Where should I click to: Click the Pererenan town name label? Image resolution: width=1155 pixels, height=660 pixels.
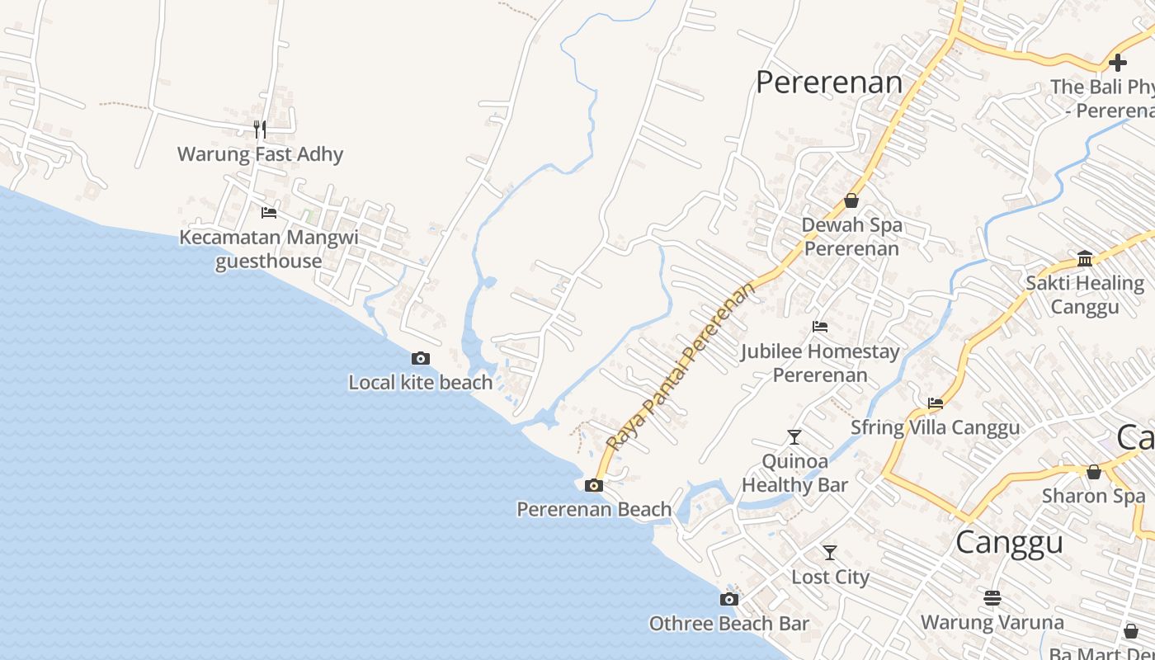pos(829,82)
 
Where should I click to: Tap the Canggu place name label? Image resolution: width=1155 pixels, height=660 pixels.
pos(1009,543)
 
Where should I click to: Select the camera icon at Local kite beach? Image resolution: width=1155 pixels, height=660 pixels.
pos(421,358)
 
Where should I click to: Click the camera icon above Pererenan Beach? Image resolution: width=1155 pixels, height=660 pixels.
pos(593,485)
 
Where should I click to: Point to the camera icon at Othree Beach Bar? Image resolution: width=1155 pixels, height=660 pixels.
pos(728,599)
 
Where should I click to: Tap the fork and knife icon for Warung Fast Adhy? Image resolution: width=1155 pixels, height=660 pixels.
pos(260,129)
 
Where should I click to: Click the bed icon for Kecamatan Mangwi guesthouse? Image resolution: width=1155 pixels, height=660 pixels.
pos(269,212)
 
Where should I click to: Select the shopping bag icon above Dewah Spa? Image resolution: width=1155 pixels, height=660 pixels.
pos(851,200)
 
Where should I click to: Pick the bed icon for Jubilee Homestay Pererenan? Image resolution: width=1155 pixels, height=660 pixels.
pos(820,327)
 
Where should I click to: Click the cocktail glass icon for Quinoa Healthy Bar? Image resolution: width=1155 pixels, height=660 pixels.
pos(794,436)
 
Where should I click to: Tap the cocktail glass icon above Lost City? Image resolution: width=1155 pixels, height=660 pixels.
pos(830,552)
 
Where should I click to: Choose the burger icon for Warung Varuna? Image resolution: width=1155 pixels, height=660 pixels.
pos(992,597)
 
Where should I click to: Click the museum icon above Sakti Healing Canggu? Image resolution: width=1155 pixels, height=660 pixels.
pos(1085,258)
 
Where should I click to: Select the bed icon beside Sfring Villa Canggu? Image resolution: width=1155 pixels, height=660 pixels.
pos(936,403)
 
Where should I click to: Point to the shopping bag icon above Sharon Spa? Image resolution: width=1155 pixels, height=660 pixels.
pos(1093,472)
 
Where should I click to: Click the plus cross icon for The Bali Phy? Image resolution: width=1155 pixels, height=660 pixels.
pos(1118,62)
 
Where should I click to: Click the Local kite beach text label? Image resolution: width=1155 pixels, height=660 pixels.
pos(421,383)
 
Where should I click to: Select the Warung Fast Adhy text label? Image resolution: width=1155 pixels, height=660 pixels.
pos(260,154)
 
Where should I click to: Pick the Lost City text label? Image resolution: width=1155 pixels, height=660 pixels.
pos(830,577)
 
